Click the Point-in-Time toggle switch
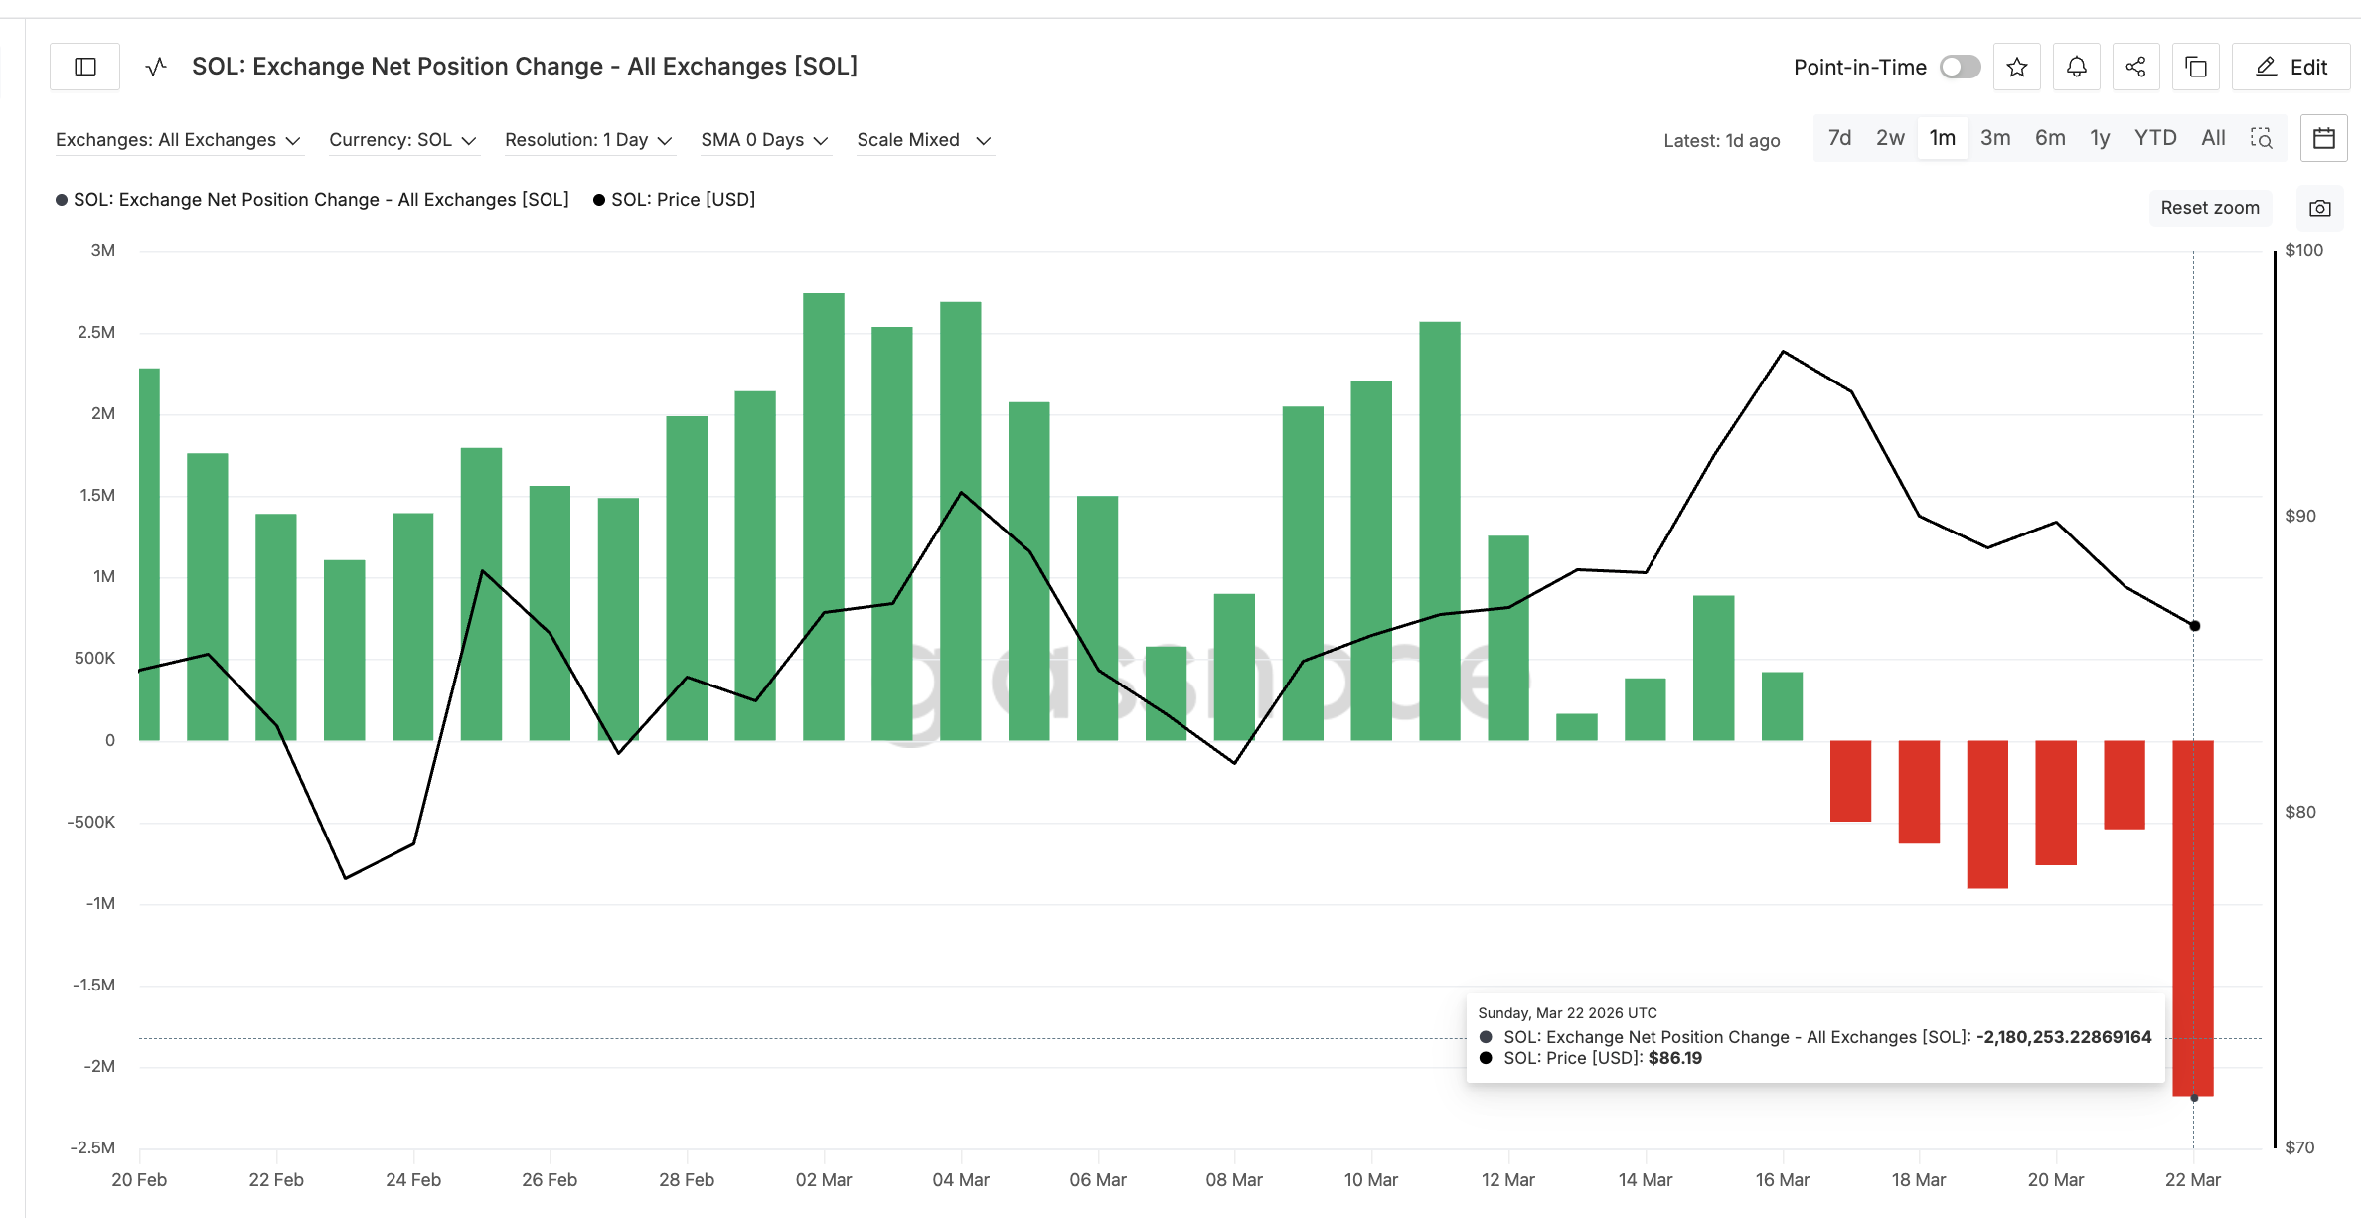click(x=1960, y=67)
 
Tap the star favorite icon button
click(x=2016, y=67)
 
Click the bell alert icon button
click(x=2076, y=67)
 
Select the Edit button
click(x=2290, y=67)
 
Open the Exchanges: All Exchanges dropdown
click(x=177, y=140)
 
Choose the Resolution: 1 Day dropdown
click(x=588, y=140)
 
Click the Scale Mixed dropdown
click(x=923, y=140)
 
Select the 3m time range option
click(x=1994, y=138)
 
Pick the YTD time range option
click(x=2154, y=138)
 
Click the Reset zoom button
click(x=2209, y=208)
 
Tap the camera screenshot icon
click(x=2319, y=208)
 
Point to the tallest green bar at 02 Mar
click(x=823, y=517)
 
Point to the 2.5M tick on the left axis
click(x=96, y=332)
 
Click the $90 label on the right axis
click(x=2300, y=516)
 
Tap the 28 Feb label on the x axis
click(x=686, y=1180)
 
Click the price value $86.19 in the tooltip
click(x=1674, y=1059)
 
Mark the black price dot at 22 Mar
click(x=2194, y=626)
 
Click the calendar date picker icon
click(x=2323, y=138)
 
